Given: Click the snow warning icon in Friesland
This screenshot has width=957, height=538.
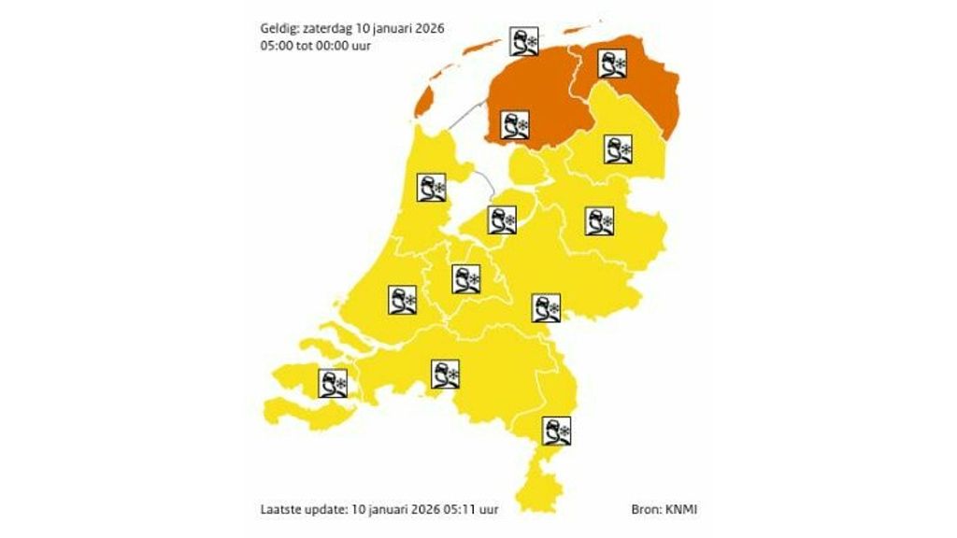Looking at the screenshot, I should (x=515, y=125).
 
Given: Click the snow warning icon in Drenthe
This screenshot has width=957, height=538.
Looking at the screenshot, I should (x=619, y=149).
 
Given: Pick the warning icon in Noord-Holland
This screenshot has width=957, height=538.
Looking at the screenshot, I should (x=431, y=189).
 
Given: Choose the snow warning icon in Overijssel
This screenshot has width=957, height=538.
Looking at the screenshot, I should (x=599, y=221).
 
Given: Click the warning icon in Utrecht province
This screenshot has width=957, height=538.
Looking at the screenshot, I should (x=466, y=279).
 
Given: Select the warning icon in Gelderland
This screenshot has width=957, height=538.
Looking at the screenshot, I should (x=546, y=307).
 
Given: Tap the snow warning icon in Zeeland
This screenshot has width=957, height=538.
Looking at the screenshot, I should (x=333, y=383).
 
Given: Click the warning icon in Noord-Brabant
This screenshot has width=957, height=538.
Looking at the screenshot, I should (x=445, y=375).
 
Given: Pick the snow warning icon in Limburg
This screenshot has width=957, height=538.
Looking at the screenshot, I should (x=557, y=432).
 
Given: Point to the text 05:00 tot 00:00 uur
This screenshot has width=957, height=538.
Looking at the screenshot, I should (x=315, y=46).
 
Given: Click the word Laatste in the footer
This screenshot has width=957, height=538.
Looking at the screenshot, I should (x=281, y=510).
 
